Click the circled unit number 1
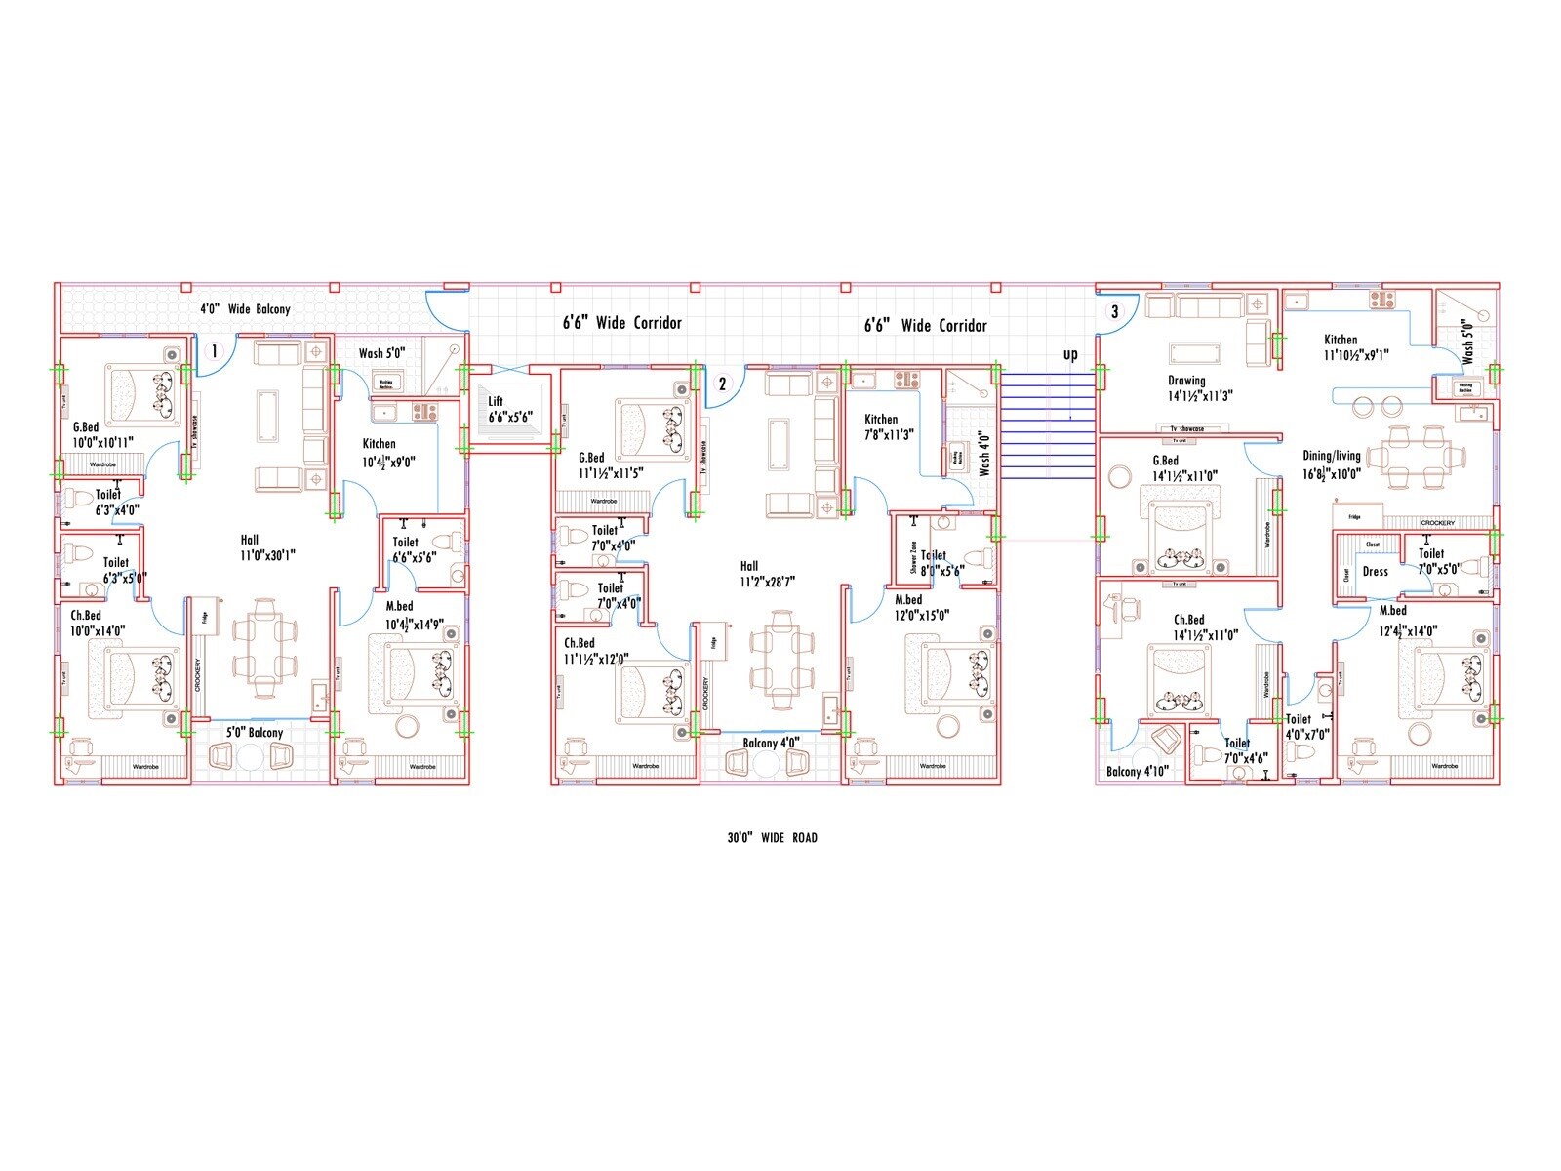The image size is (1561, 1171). (x=216, y=350)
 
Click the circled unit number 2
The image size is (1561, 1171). (x=722, y=384)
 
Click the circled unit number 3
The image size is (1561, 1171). (x=1115, y=312)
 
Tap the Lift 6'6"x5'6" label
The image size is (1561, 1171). (x=509, y=409)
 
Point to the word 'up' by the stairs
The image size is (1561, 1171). (x=1070, y=354)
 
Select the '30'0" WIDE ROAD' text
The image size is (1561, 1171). (x=772, y=837)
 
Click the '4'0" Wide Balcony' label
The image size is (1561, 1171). (x=245, y=309)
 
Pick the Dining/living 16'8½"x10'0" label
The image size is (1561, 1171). (x=1332, y=464)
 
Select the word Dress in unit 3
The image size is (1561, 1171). (x=1375, y=572)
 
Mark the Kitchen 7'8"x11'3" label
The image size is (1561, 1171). (x=888, y=426)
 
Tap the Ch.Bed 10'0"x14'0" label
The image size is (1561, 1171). (x=97, y=623)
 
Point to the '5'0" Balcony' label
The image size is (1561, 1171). (x=255, y=733)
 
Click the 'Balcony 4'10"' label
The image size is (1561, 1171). (x=1138, y=772)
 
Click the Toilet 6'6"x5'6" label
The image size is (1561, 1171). (x=413, y=549)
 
